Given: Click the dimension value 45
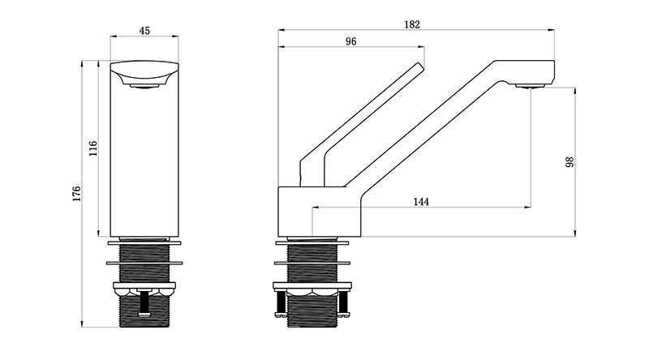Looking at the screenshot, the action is [144, 31].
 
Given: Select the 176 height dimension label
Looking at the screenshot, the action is [77, 194].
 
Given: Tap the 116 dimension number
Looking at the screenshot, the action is [93, 148].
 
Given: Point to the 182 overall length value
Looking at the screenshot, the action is [412, 24].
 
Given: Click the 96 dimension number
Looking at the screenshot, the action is [350, 41].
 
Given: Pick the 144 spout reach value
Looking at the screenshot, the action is [421, 202].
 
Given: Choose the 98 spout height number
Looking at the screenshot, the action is [570, 162].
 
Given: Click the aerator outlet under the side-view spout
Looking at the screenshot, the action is [530, 86].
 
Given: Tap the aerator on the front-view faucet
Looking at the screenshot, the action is [144, 86].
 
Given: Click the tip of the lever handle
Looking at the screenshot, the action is [421, 65].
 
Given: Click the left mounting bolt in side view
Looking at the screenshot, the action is [280, 304].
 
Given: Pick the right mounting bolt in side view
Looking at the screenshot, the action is [343, 304].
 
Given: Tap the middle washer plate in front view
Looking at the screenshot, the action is [144, 263].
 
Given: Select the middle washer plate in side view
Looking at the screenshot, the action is [312, 263].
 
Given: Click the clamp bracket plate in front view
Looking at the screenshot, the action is [144, 285].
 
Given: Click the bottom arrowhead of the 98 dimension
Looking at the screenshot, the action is [575, 234].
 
